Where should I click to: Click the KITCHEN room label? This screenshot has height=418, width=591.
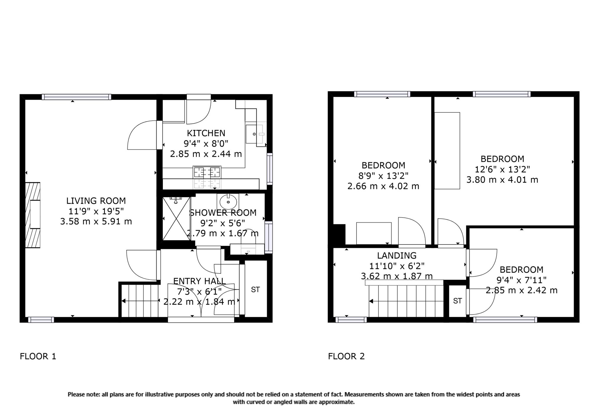pos(206,133)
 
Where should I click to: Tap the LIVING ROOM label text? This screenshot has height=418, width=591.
pos(96,201)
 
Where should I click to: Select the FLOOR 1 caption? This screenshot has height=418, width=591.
pos(38,356)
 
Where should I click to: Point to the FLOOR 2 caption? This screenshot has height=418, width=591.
pos(346,356)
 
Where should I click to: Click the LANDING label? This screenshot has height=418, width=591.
pos(397,255)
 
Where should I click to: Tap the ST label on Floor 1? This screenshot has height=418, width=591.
pos(255,290)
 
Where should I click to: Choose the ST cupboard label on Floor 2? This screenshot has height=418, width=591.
pos(457,301)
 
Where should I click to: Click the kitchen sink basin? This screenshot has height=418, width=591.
pos(254,134)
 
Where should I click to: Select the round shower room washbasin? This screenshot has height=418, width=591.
pos(228,202)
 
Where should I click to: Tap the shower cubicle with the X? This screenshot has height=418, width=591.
pos(176,219)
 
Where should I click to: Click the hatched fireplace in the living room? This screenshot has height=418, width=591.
pos(33,215)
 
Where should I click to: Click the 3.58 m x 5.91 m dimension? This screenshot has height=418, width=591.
pos(96,221)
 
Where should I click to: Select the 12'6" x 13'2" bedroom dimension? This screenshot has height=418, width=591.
pos(502,169)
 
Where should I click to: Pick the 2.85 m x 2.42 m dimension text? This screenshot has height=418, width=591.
pos(522,290)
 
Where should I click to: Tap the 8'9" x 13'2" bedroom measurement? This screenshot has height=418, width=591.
pos(383,176)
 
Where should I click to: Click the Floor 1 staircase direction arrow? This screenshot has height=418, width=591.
pos(140,301)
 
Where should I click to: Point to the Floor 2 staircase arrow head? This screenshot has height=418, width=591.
pos(371,301)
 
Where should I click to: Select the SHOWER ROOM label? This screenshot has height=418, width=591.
pos(223,213)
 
